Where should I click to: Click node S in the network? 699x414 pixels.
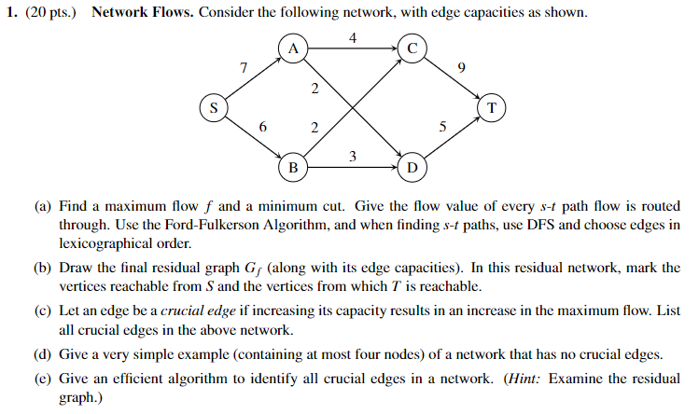(x=214, y=108)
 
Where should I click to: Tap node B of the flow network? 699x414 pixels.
(x=292, y=168)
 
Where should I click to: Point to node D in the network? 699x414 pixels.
(x=412, y=168)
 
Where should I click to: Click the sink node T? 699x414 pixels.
(x=491, y=108)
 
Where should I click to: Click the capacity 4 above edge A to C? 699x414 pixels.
(x=352, y=38)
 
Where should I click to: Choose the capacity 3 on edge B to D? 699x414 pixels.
(x=352, y=156)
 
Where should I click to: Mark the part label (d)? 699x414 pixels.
(x=43, y=355)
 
